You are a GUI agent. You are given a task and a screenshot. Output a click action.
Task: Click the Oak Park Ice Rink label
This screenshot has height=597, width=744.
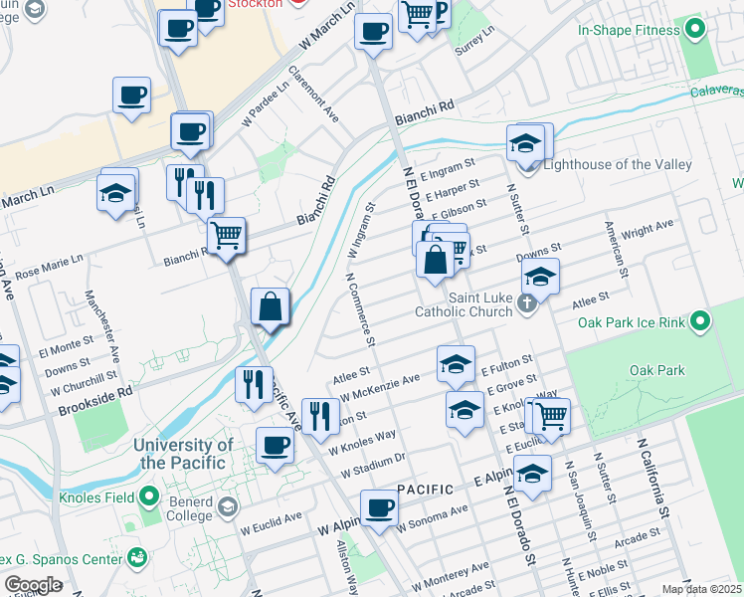click(633, 322)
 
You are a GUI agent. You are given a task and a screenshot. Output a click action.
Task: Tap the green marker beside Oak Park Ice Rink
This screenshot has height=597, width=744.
click(701, 321)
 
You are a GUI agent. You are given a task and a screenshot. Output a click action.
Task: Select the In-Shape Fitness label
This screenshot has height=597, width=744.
click(629, 30)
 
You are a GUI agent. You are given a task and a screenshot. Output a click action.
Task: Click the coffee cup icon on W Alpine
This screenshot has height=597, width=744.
click(378, 509)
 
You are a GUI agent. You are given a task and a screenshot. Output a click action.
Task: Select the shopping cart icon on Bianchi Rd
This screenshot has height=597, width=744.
click(227, 237)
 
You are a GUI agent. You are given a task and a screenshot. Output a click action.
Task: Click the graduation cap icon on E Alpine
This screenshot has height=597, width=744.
click(532, 473)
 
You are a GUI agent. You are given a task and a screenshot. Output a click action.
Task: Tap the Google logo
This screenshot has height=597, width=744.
click(34, 585)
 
